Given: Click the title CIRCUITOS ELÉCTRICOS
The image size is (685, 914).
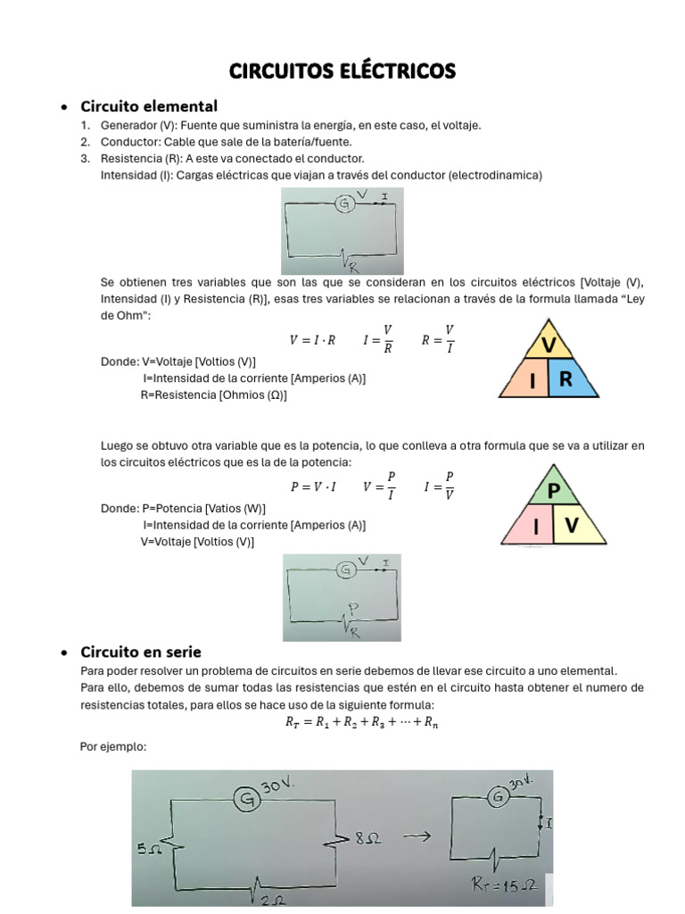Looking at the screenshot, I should (342, 71).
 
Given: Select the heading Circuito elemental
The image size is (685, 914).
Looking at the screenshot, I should (149, 106).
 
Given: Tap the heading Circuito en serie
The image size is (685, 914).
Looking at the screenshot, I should (141, 652).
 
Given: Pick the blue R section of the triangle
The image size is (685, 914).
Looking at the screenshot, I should (570, 380).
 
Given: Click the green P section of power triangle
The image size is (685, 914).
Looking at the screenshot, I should (553, 491).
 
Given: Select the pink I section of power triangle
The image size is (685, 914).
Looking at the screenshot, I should (534, 528).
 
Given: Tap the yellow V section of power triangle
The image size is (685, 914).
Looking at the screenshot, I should (574, 528).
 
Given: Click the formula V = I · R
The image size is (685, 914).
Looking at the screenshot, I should (312, 340).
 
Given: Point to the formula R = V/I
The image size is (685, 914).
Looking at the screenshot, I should (438, 339).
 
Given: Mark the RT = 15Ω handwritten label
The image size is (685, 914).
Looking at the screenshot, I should (504, 885).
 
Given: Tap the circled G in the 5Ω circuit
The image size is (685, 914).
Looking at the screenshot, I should (246, 801).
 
